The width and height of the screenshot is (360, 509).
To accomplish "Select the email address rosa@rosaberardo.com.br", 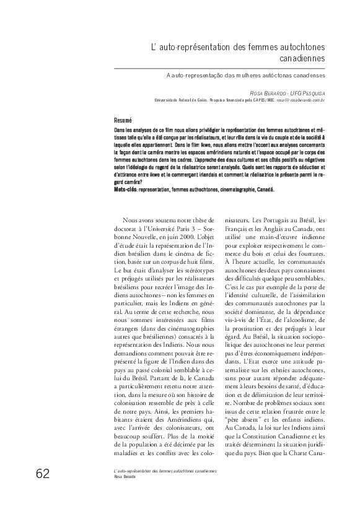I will click(301, 99).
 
